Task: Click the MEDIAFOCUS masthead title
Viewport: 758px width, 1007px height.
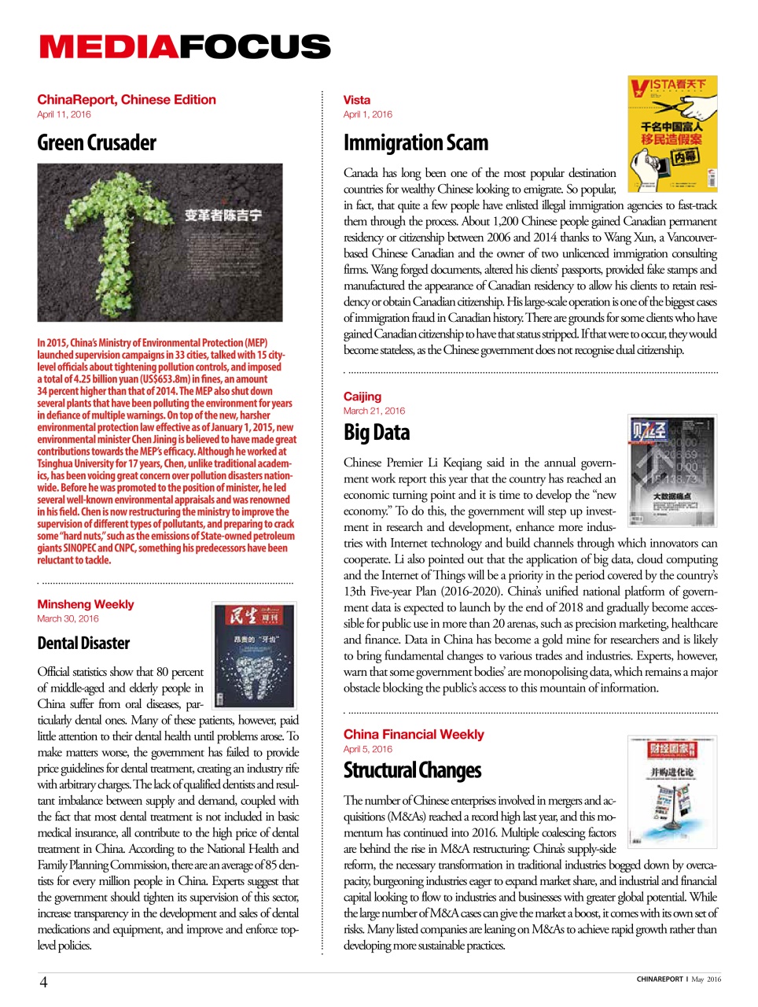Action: tap(185, 47)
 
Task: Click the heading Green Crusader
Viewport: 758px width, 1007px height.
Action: tap(97, 143)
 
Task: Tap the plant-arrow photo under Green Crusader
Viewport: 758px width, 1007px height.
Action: tap(160, 242)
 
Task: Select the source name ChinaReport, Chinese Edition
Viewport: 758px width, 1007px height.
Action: tap(127, 100)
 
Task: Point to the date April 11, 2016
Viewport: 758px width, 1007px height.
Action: tap(64, 115)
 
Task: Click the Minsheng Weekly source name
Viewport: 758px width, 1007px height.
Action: tap(86, 604)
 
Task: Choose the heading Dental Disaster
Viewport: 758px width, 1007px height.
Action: tap(83, 644)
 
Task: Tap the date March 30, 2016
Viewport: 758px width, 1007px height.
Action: tap(68, 619)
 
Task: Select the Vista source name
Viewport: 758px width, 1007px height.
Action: tap(357, 100)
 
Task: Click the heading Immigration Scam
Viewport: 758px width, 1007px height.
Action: tap(416, 143)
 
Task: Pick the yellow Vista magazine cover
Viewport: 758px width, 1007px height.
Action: tap(672, 134)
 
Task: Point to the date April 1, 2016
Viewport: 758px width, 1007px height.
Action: tap(368, 115)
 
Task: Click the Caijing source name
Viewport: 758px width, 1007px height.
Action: tap(362, 397)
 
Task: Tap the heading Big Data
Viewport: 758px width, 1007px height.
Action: tap(377, 433)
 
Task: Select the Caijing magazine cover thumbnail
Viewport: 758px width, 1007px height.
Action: tap(672, 460)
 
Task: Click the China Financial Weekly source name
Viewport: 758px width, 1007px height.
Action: tap(414, 734)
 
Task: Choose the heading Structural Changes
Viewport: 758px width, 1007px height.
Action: tap(412, 770)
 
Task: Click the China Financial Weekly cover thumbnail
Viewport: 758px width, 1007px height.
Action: tap(672, 791)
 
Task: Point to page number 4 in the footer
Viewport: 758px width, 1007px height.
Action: tap(43, 982)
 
